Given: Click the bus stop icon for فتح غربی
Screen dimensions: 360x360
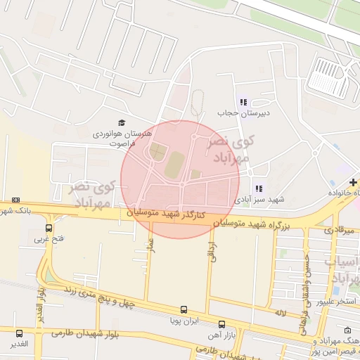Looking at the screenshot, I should coord(49,228).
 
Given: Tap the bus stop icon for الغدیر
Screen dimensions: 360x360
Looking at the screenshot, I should coord(19,333).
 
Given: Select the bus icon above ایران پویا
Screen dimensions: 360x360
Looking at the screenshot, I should coord(184,309).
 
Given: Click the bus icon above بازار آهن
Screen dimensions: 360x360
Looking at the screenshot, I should coord(222,324).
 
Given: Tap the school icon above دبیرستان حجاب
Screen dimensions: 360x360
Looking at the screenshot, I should coord(243,102).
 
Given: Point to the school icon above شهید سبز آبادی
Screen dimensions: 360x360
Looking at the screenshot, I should coord(259,188).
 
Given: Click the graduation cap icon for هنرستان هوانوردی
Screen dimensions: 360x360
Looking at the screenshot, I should coord(122,122).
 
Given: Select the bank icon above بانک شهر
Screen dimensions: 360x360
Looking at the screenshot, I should coord(15,200).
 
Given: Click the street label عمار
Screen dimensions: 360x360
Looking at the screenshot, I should coord(150,245).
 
